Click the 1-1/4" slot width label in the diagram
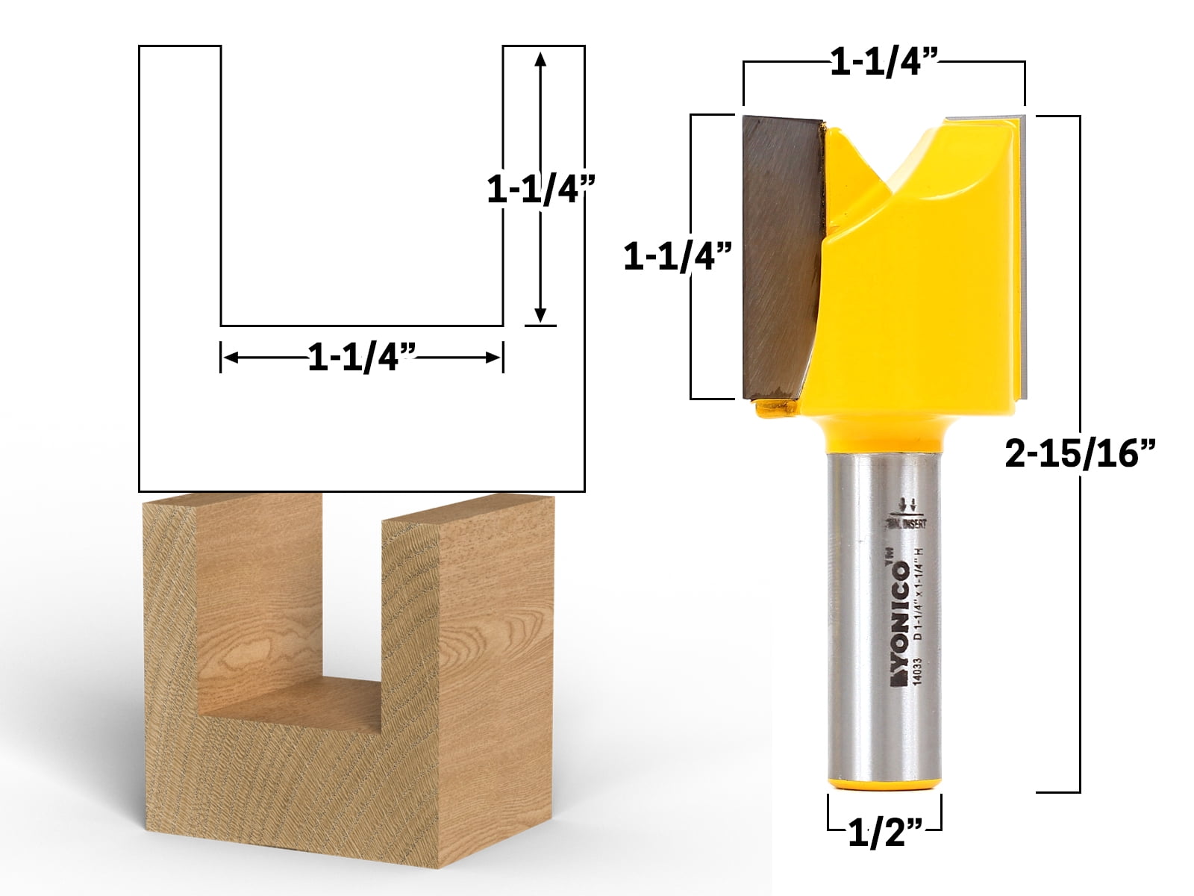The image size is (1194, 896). pyautogui.click(x=362, y=358)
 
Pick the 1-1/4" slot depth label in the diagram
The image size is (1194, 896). pyautogui.click(x=534, y=190)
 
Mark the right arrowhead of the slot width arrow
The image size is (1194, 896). pyautogui.click(x=493, y=358)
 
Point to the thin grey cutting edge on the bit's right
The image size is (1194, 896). pyautogui.click(x=1025, y=254)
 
